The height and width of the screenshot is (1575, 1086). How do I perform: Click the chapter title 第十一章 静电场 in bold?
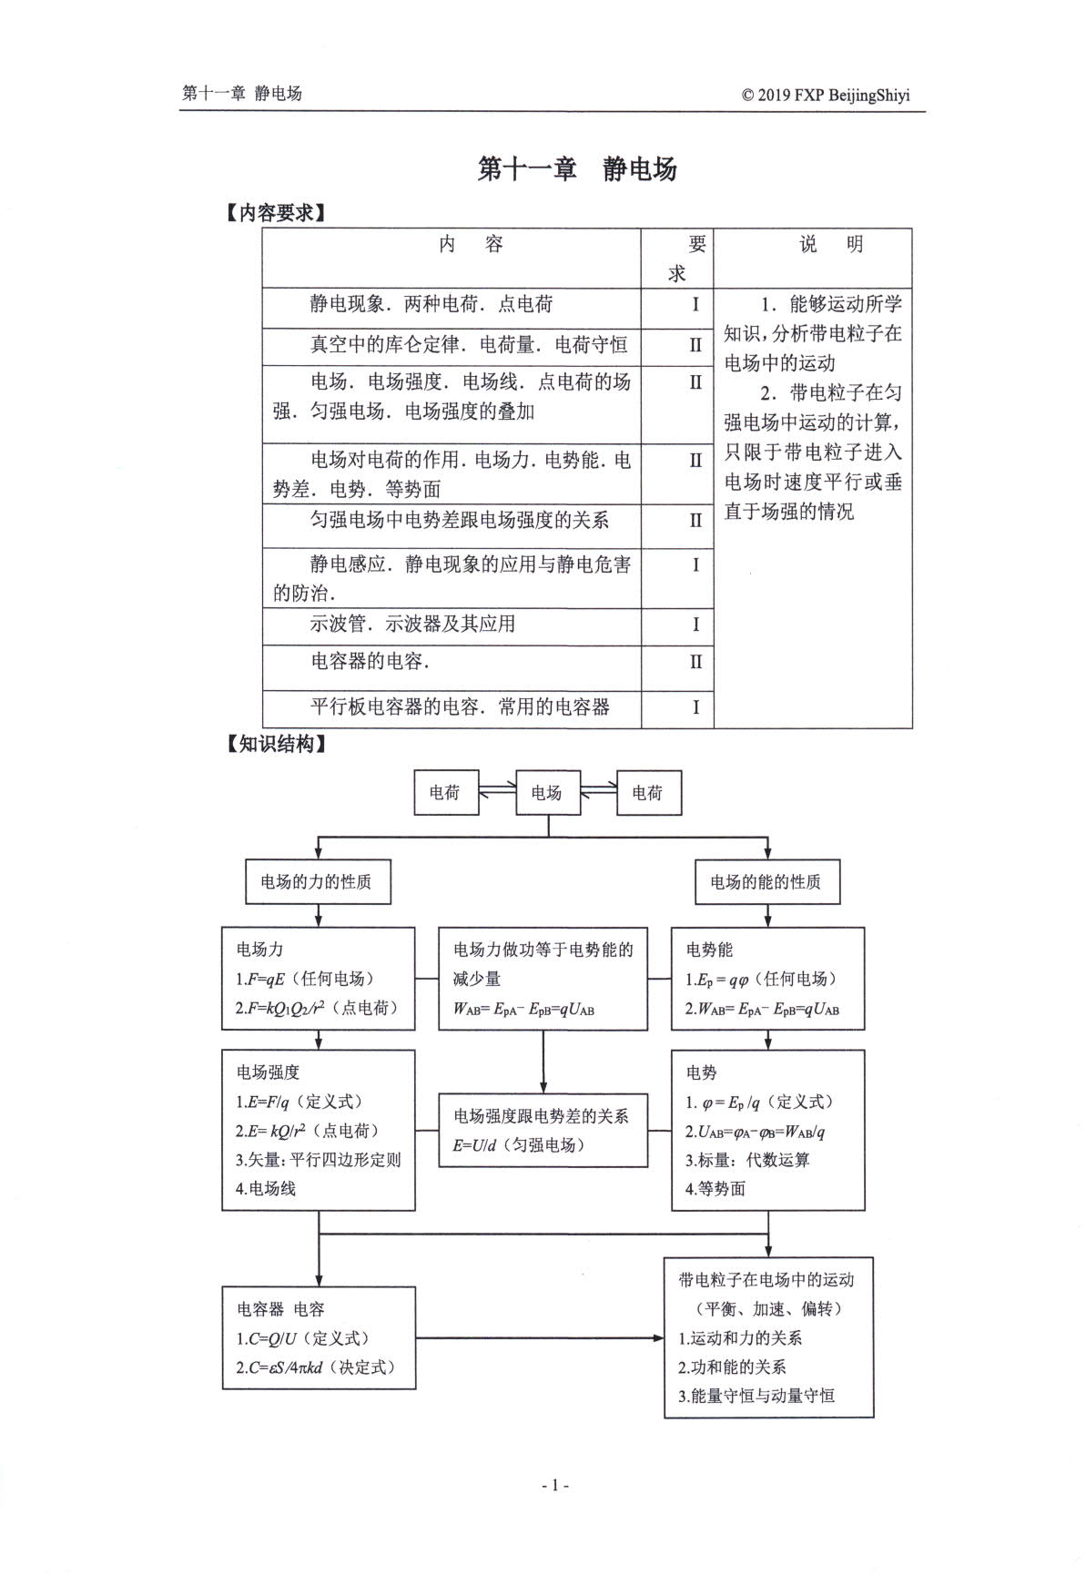(x=577, y=168)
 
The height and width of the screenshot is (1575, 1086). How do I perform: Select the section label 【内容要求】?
(x=275, y=213)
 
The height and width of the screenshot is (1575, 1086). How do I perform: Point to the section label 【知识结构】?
(x=275, y=744)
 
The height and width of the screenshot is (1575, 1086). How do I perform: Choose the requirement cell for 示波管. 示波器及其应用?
(x=695, y=625)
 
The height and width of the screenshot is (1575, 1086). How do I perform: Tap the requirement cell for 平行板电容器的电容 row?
(x=695, y=707)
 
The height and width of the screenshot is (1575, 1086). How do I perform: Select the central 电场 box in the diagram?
(x=547, y=793)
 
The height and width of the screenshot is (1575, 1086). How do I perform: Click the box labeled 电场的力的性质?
(x=318, y=881)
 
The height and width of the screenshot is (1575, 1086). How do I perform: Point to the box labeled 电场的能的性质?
(x=766, y=881)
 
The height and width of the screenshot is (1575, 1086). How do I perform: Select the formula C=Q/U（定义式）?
(x=304, y=1338)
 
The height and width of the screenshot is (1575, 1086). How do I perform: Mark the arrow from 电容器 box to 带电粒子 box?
(x=541, y=1338)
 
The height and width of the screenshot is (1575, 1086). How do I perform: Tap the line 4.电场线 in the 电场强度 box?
(x=266, y=1188)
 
